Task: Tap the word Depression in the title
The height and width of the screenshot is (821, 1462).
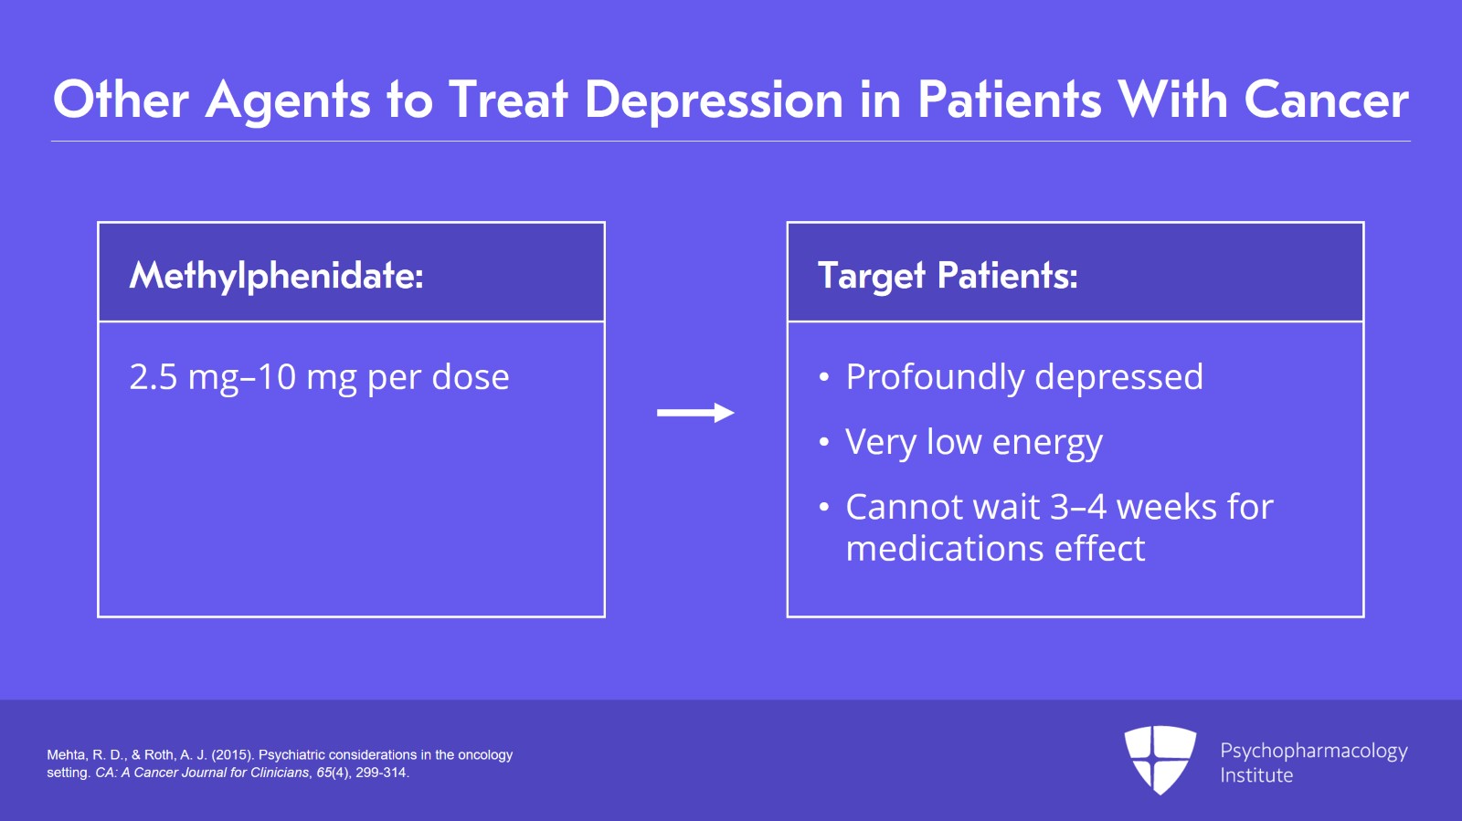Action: (x=713, y=100)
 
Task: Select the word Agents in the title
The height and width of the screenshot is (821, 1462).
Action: (x=288, y=100)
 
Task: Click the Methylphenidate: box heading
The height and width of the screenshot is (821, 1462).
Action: (x=276, y=275)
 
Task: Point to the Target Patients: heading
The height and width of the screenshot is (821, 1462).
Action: (x=948, y=275)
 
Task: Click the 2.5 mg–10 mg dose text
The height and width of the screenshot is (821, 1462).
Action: (x=319, y=377)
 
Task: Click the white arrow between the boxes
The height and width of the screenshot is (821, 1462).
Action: (x=695, y=413)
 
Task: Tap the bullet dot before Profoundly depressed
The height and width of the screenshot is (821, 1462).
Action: (x=824, y=378)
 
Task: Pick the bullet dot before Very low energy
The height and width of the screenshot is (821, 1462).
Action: (x=824, y=443)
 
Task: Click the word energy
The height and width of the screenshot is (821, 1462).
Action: (x=1047, y=444)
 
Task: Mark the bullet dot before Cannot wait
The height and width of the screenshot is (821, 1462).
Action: (x=824, y=508)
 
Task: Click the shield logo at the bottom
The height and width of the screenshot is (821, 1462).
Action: (x=1160, y=759)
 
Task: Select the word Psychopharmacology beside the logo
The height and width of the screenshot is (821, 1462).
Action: (x=1313, y=752)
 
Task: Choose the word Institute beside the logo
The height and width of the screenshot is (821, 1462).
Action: (x=1256, y=775)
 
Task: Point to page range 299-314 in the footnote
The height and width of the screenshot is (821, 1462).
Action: (x=381, y=773)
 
